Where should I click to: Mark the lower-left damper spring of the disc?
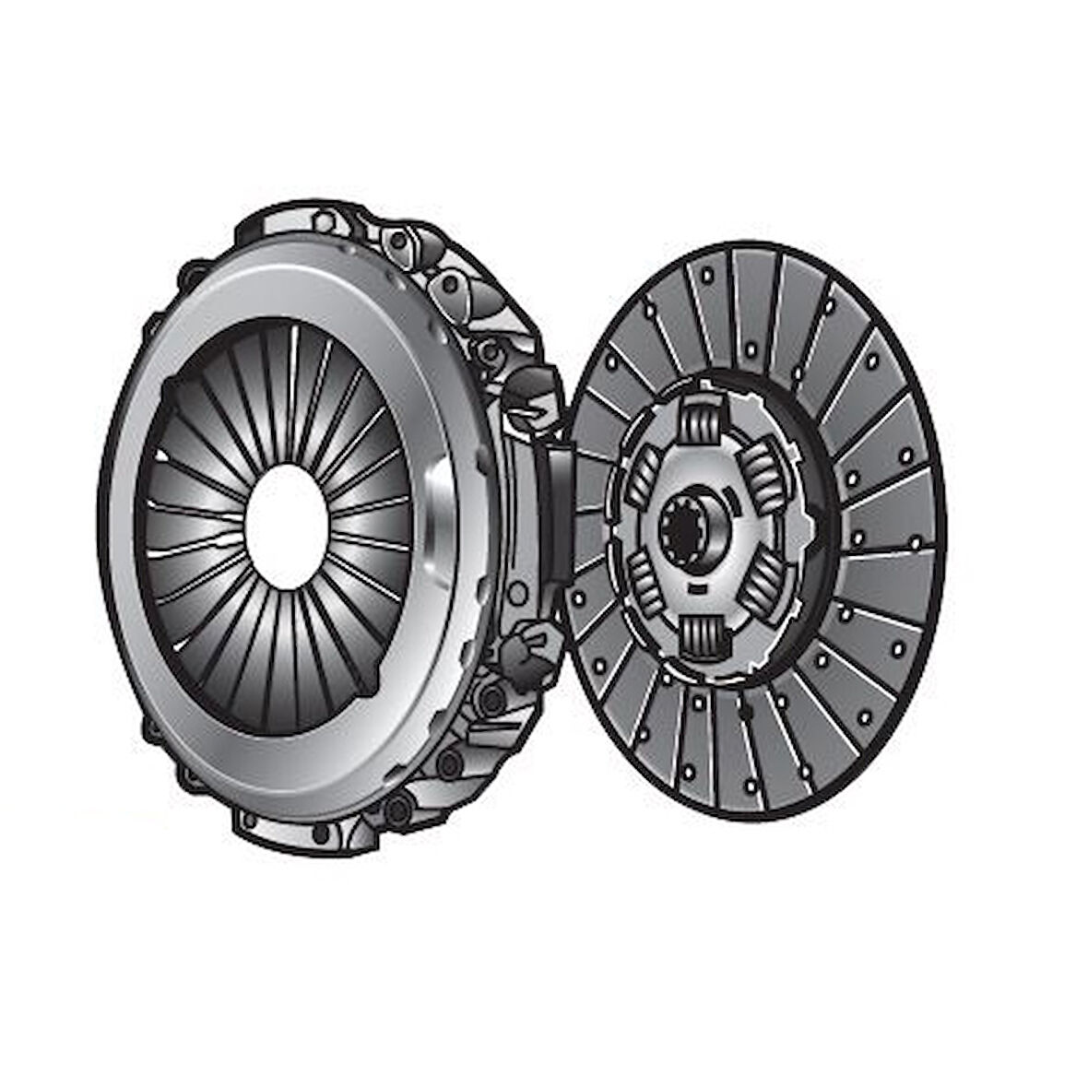644,583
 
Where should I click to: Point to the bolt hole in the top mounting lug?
324,221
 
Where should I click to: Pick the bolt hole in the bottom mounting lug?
320,834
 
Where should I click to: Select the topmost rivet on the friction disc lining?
706,274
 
